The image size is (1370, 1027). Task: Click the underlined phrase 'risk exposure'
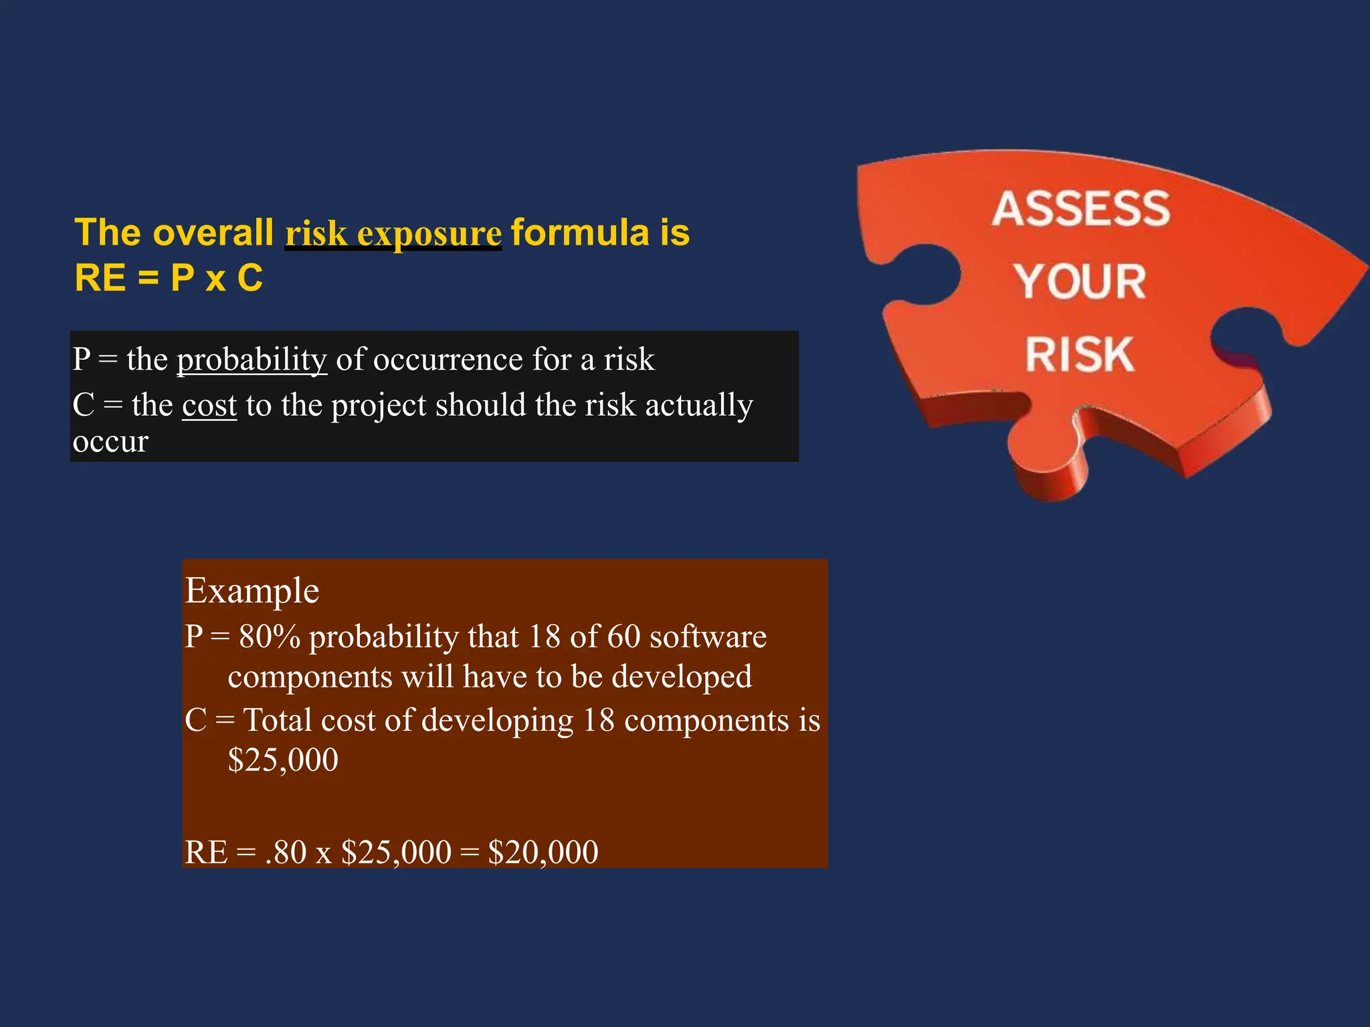click(x=393, y=233)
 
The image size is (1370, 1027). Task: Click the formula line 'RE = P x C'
click(x=169, y=278)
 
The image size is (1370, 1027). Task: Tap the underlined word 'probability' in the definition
click(x=252, y=360)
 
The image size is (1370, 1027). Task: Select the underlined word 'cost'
click(x=209, y=405)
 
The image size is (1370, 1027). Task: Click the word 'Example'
click(x=252, y=590)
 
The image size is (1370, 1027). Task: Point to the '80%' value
click(x=269, y=637)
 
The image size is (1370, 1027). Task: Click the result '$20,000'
click(x=543, y=852)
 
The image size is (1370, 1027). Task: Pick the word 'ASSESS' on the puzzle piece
click(x=1080, y=209)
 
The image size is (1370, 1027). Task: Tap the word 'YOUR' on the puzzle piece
click(x=1080, y=281)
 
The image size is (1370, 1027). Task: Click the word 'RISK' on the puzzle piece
click(x=1080, y=354)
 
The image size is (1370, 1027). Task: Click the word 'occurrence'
click(x=448, y=360)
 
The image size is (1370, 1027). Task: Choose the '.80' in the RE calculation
click(x=286, y=852)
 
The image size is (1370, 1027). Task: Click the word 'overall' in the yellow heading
click(x=213, y=233)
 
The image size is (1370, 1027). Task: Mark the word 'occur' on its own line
click(x=110, y=441)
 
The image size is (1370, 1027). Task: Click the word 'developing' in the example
click(x=497, y=721)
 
